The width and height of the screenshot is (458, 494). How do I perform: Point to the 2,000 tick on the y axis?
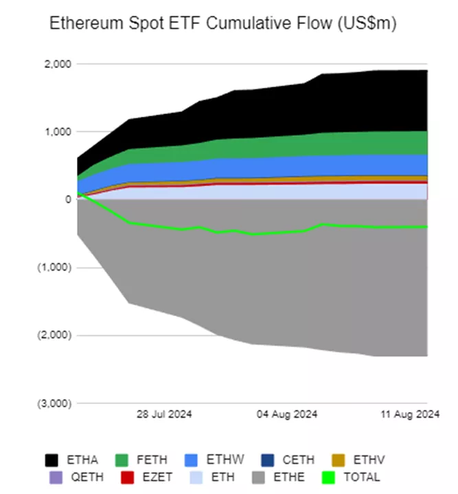[x=58, y=64]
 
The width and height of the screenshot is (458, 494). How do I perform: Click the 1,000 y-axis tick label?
[x=58, y=131]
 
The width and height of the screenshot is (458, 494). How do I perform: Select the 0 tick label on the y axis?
[x=67, y=199]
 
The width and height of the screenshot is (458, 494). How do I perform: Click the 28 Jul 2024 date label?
[x=164, y=414]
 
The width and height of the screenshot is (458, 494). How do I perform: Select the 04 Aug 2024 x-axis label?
[x=286, y=414]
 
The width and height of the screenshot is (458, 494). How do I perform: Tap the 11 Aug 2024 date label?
[x=409, y=414]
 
